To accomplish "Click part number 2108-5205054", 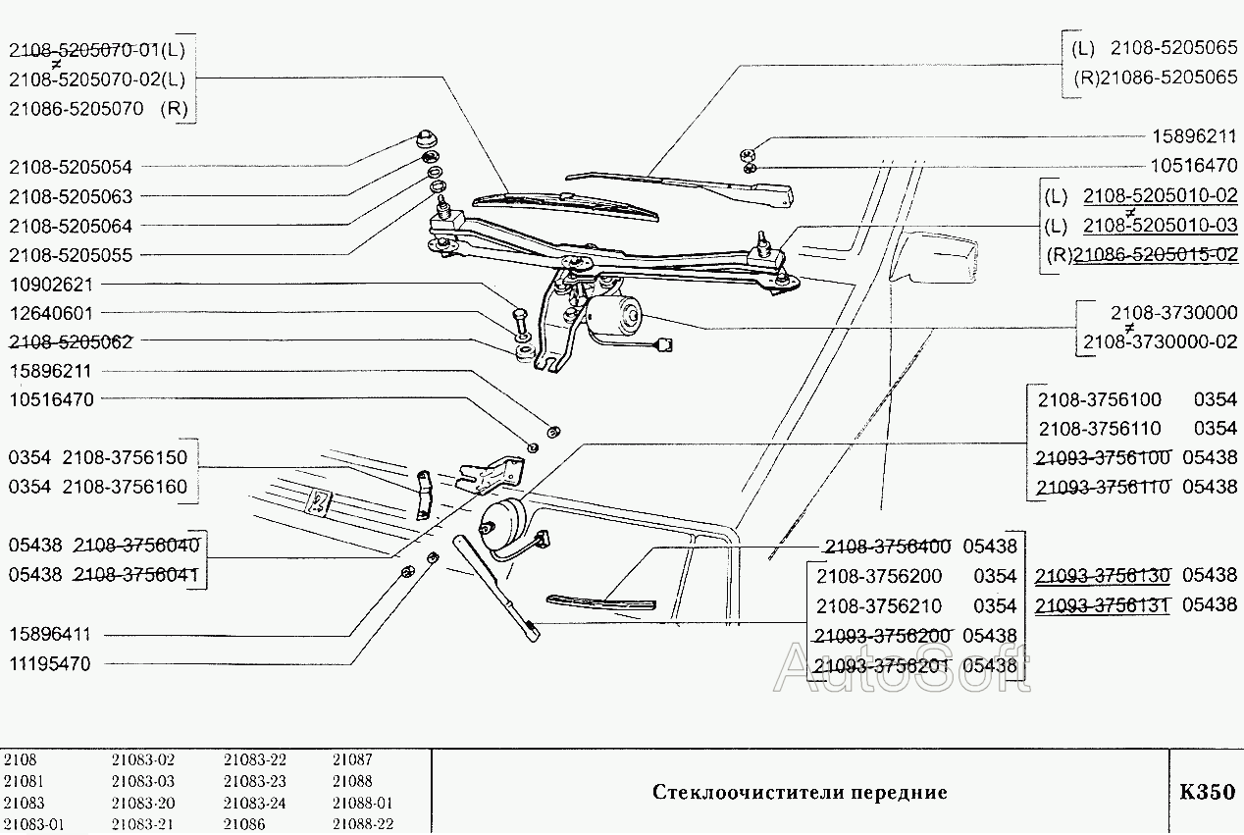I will coord(70,167).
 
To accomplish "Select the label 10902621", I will coord(50,284).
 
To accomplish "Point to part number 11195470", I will coord(50,664).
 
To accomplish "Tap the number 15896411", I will coord(50,635).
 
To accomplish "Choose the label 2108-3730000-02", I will coord(1159,341).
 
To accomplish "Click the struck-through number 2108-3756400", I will coord(888,547).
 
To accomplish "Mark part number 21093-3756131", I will coord(1103,604).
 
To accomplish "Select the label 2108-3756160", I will coord(125,487).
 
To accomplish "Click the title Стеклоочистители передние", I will coord(800,792).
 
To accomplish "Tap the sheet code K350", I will coord(1206,792).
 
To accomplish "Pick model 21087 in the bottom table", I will coord(352,759).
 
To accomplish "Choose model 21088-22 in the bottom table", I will coord(363,824).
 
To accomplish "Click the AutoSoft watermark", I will coord(903,669).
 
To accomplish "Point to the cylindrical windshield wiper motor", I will coord(613,316).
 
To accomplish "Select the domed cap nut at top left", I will coord(428,135).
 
